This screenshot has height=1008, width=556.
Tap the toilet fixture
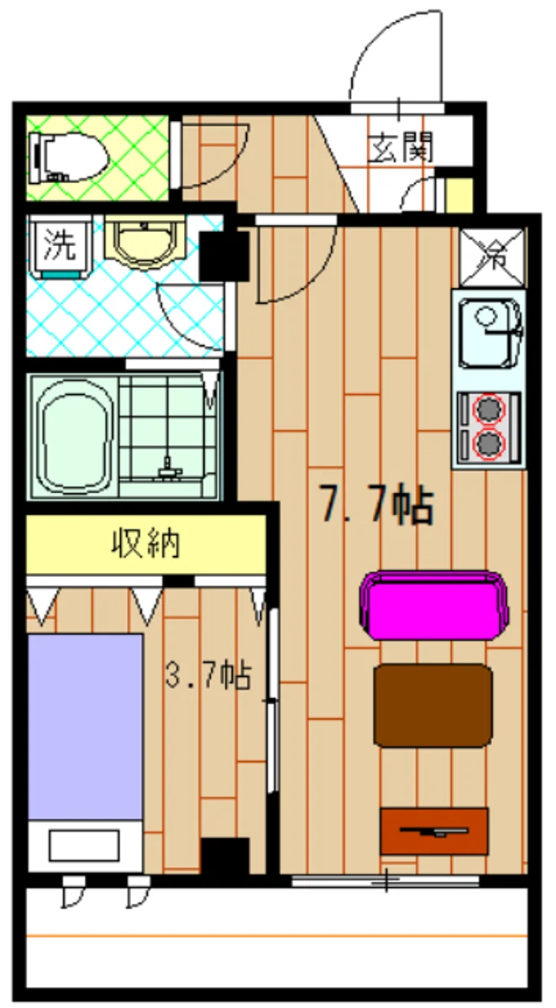coord(67,158)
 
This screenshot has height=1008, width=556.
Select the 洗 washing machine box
coord(58,246)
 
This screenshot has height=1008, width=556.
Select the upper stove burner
coord(488,410)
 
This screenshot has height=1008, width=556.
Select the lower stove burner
coord(488,443)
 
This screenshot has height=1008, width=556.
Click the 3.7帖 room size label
coord(207,675)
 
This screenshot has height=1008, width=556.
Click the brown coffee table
coord(433,704)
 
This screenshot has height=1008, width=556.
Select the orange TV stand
coord(433,830)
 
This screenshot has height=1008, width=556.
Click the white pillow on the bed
coord(83,844)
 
